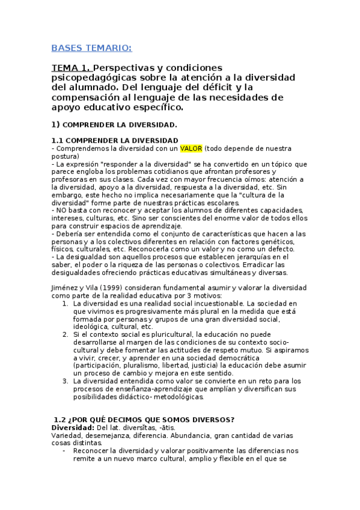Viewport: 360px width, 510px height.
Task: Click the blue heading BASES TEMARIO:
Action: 91,48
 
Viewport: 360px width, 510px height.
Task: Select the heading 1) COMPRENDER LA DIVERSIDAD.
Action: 114,125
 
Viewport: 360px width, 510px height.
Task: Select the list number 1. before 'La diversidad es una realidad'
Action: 66,304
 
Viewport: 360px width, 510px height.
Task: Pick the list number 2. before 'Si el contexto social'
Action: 66,334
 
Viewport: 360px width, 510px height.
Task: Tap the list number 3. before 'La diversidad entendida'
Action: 66,381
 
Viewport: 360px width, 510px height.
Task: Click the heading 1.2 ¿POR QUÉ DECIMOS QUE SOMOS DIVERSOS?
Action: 144,419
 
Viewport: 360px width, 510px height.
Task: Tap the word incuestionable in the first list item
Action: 220,304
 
